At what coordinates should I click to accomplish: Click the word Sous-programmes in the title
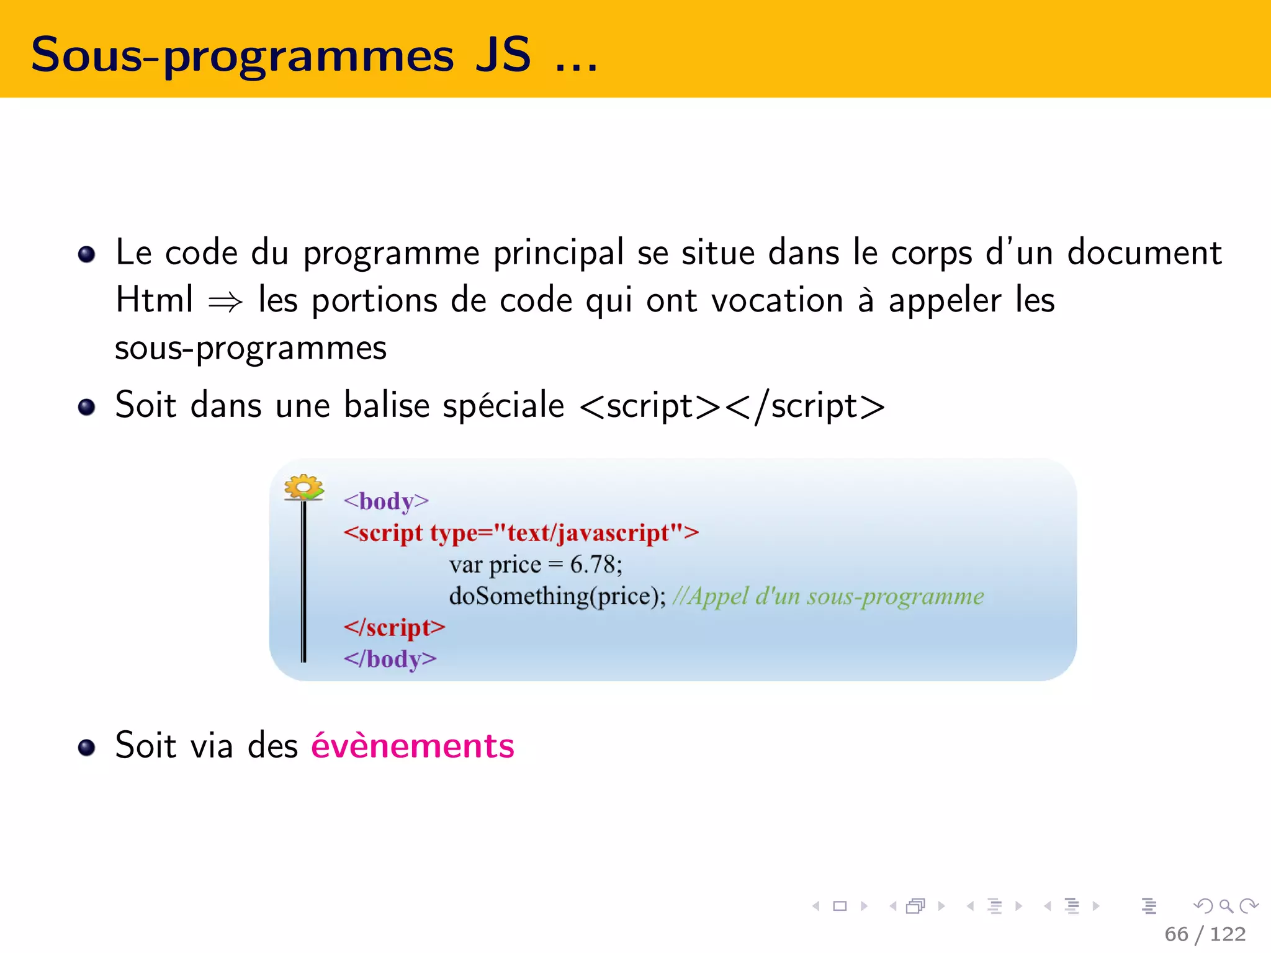click(242, 56)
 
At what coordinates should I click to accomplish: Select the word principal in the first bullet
click(558, 253)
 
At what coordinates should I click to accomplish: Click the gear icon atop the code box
click(303, 487)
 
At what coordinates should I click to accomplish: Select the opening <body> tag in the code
click(386, 501)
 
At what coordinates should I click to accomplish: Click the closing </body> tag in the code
click(390, 658)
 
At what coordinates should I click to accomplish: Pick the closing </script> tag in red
click(394, 627)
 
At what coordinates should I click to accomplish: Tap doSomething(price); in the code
click(557, 596)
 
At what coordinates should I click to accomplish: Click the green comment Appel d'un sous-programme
click(829, 596)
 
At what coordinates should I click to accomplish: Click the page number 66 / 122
click(1205, 934)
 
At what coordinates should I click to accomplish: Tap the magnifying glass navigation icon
click(1226, 906)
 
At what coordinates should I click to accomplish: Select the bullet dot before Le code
click(87, 254)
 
